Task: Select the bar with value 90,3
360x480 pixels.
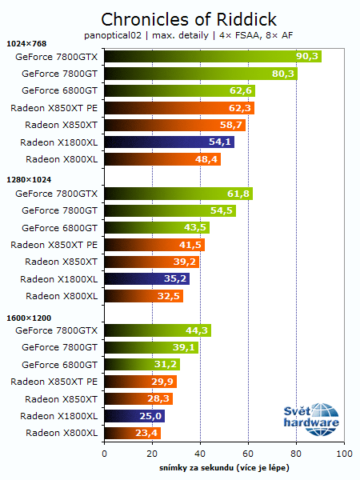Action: click(212, 56)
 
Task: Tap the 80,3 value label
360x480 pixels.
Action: click(284, 74)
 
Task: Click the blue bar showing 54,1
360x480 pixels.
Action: click(168, 142)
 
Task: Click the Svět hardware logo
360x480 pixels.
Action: click(312, 418)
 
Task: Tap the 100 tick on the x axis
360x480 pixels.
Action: click(343, 453)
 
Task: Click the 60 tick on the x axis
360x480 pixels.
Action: click(248, 453)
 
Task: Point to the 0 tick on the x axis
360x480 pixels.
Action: click(105, 453)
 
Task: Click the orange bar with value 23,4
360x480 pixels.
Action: click(132, 434)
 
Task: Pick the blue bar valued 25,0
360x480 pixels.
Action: click(134, 416)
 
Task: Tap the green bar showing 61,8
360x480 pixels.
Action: click(178, 194)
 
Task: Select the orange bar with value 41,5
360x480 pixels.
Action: click(154, 245)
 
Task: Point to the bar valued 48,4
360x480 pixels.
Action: click(162, 159)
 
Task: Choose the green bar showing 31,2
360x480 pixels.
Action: click(141, 365)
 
